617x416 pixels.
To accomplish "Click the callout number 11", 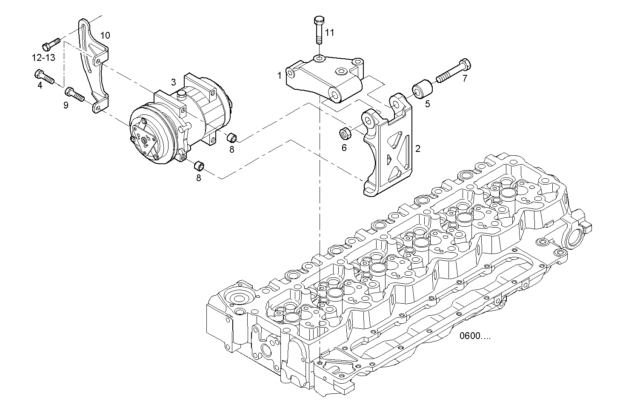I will pos(330,32).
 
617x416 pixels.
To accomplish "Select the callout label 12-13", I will pos(43,57).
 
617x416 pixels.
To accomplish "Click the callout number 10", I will pos(105,35).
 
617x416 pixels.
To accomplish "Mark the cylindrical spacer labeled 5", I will pos(422,88).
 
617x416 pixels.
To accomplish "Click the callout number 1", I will pos(280,76).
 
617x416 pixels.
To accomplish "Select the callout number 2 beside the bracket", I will pos(417,148).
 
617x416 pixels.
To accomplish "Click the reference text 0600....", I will pos(474,336).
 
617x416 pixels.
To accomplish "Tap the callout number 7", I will pos(465,79).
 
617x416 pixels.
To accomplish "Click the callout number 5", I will pos(427,103).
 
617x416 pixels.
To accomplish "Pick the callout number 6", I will pos(344,148).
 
